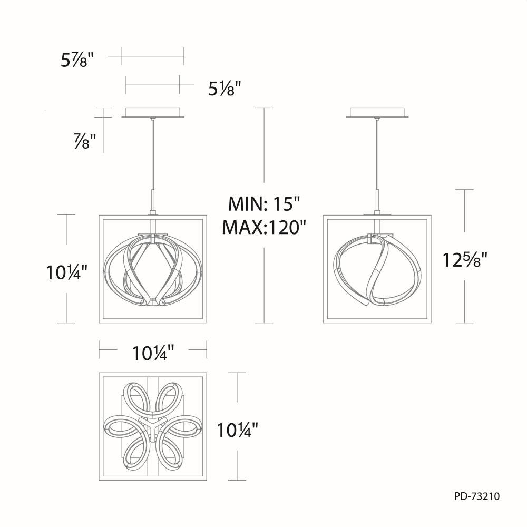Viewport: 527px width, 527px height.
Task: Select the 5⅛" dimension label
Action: (224, 89)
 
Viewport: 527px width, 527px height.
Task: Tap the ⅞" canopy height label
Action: (84, 141)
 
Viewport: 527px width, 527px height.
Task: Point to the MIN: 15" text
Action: (263, 203)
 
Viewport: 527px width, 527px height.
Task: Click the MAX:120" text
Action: (263, 227)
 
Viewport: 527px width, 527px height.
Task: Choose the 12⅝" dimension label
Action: (464, 260)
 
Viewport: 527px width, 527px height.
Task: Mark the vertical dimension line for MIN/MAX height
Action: (263, 158)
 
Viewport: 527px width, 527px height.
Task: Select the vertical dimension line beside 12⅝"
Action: (464, 221)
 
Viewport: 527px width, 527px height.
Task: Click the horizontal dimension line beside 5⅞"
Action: (152, 55)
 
